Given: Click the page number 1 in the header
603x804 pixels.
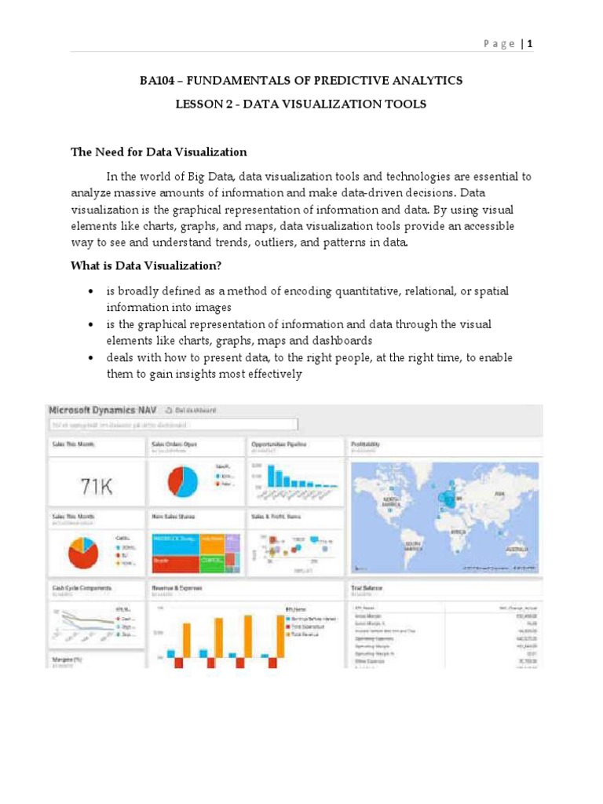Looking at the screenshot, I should tap(530, 44).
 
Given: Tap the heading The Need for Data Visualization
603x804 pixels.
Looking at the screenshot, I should tap(159, 152).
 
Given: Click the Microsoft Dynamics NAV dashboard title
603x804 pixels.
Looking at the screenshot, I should tap(103, 410).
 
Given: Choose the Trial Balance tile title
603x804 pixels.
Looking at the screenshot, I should tap(367, 587).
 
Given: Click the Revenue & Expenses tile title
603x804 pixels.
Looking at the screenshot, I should tap(177, 587).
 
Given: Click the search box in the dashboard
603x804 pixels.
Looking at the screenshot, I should tap(173, 425).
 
